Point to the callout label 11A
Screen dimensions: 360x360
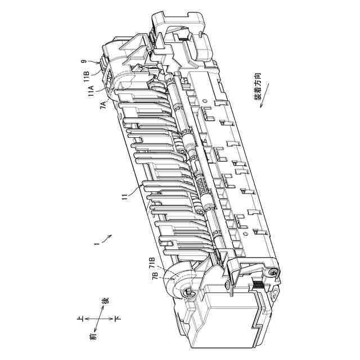pos(91,91)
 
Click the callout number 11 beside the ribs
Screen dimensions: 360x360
pos(125,197)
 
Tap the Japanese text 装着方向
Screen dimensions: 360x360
pos(258,86)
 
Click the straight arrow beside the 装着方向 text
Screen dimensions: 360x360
pos(264,95)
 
